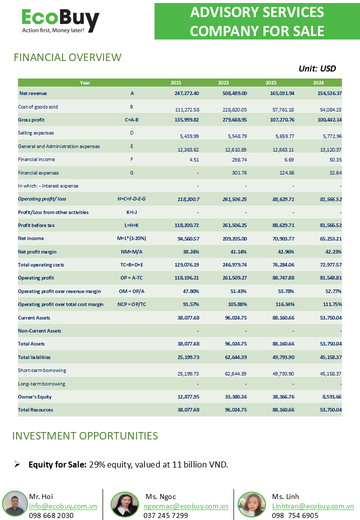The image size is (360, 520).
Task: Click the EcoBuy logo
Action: tap(60, 20)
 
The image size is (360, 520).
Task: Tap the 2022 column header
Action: tap(223, 83)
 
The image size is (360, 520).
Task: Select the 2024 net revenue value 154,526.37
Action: tap(329, 93)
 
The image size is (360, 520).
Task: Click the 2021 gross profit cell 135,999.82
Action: tap(186, 119)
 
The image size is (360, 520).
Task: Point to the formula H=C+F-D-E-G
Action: tap(131, 199)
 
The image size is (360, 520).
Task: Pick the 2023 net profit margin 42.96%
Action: tap(285, 251)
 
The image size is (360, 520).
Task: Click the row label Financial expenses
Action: tap(38, 173)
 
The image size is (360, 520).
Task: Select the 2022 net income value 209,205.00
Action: tap(234, 239)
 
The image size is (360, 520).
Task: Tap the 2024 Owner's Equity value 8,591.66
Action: tap(332, 397)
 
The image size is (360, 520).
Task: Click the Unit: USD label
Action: tap(317, 68)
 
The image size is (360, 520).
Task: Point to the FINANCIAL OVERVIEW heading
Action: tap(67, 57)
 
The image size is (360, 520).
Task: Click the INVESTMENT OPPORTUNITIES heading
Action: tap(85, 436)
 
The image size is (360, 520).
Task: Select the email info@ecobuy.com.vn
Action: tap(63, 506)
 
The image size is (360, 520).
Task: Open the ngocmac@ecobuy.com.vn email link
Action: tap(185, 506)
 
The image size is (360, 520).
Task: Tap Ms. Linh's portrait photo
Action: tap(252, 504)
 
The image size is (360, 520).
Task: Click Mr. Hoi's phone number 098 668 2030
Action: tap(51, 515)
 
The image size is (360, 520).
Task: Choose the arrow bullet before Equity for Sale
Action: tap(17, 464)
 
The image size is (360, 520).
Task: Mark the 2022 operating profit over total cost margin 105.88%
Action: tap(237, 304)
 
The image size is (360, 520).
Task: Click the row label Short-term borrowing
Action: tap(42, 370)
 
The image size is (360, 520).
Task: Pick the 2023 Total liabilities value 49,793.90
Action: tap(283, 357)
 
